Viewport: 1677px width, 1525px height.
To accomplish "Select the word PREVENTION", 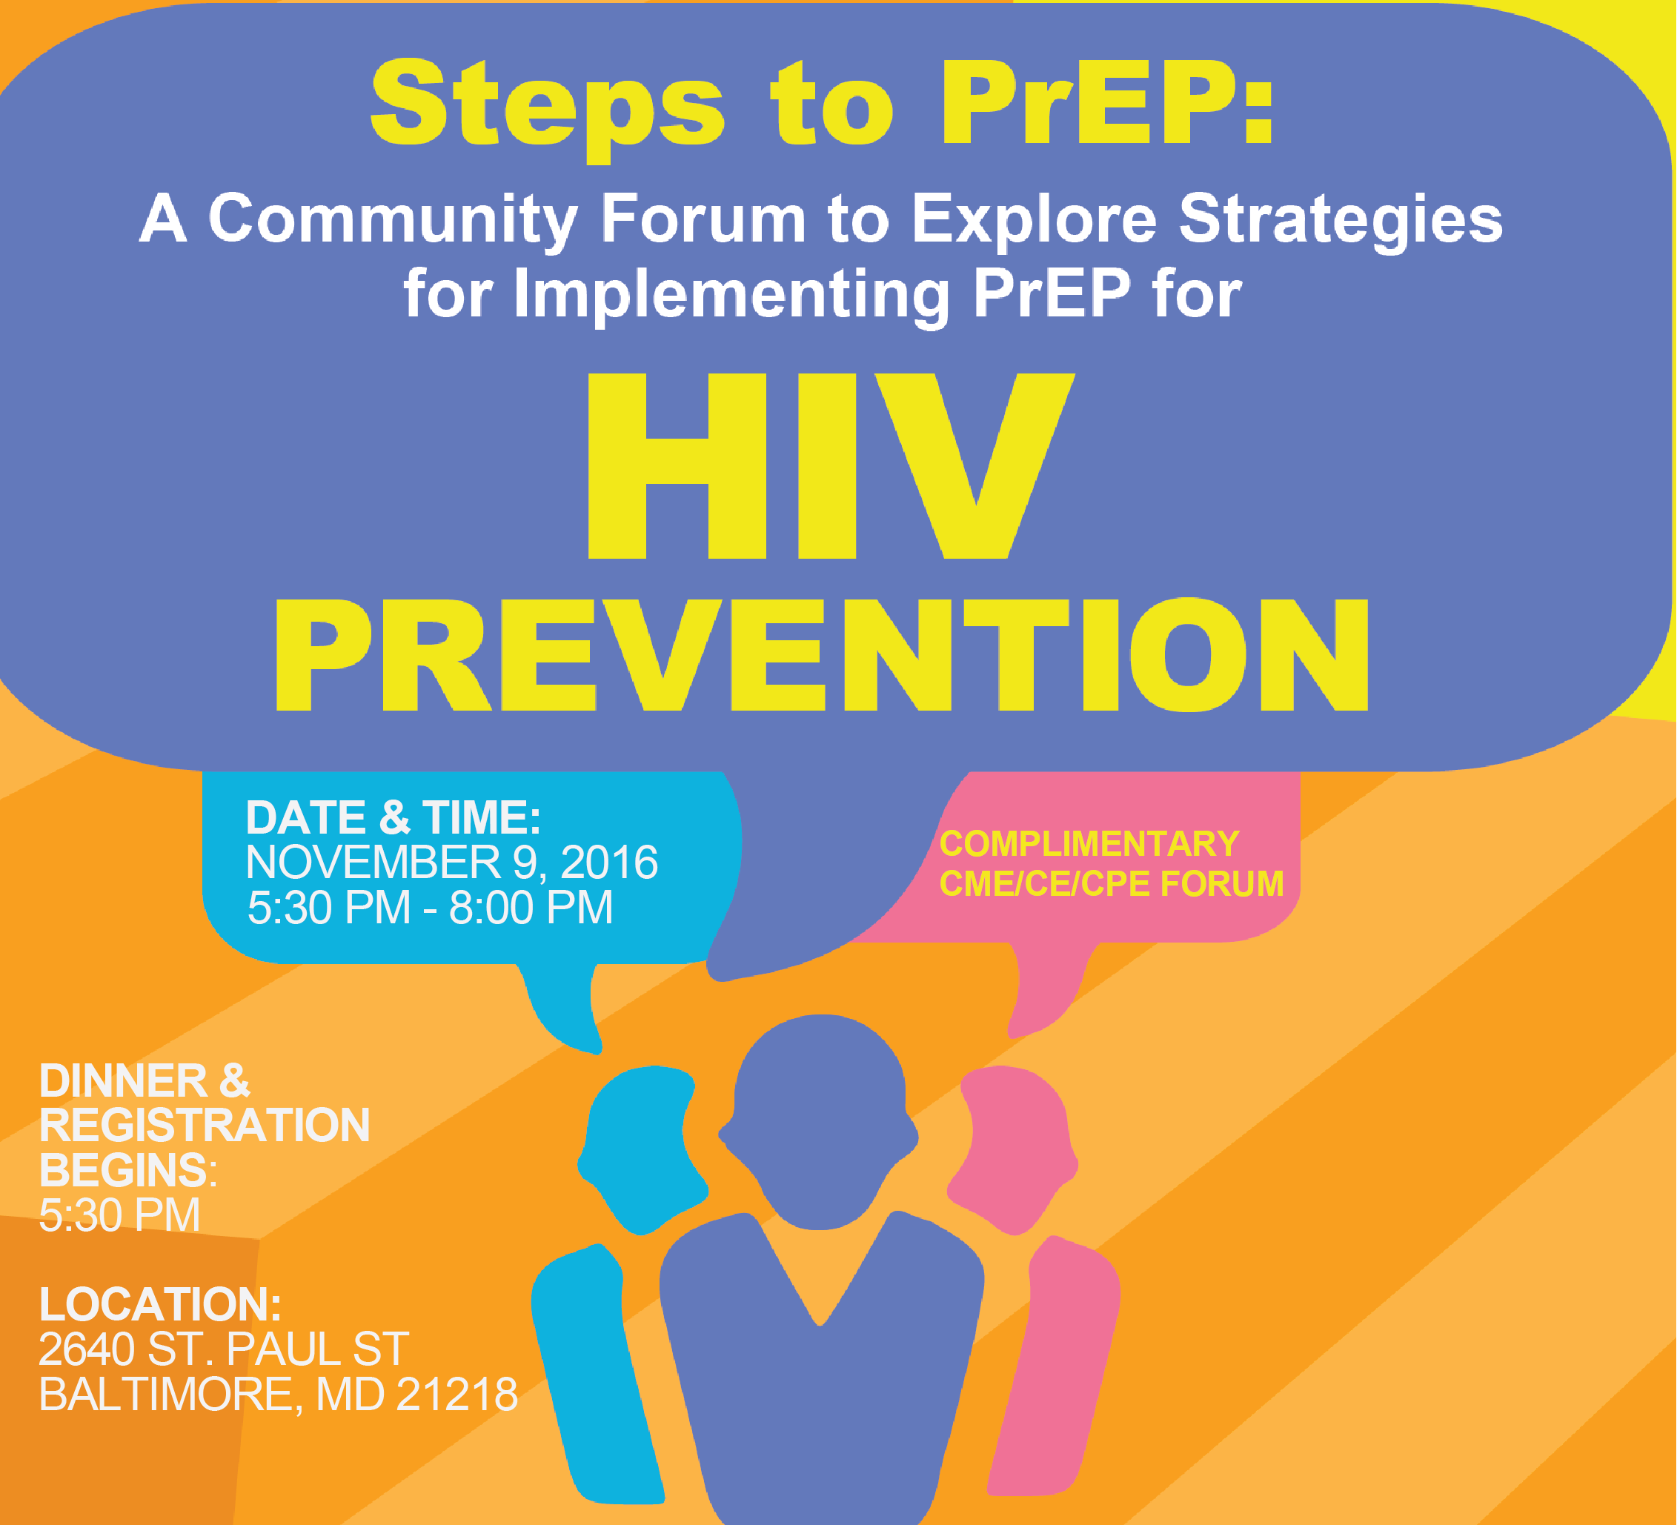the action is click(x=822, y=655).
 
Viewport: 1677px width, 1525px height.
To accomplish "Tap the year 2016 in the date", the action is click(x=609, y=862).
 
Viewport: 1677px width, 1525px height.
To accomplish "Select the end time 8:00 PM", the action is click(x=531, y=907).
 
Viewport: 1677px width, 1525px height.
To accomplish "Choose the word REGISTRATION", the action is click(x=205, y=1126).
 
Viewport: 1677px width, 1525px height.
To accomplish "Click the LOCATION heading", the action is click(x=161, y=1304).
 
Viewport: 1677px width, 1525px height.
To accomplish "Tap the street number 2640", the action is click(x=87, y=1349).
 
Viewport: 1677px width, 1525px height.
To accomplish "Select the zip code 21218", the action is click(x=457, y=1395).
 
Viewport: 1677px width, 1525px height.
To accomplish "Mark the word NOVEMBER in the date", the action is click(x=374, y=862).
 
